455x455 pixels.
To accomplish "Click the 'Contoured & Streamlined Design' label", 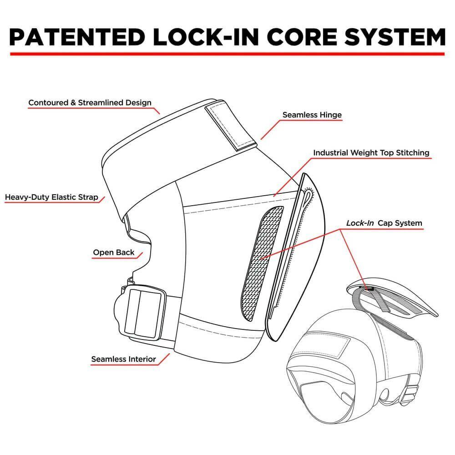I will tap(90, 102).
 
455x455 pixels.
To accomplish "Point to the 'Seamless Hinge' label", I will tap(312, 115).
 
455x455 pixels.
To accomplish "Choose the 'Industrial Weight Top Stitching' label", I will tap(371, 153).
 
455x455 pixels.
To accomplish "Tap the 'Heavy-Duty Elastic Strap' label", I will tap(51, 197).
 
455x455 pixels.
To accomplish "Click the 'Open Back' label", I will tap(114, 253).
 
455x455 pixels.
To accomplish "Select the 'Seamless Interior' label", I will tap(123, 359).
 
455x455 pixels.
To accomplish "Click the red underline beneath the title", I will tap(227, 54).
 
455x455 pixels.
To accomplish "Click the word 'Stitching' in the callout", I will tap(412, 153).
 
